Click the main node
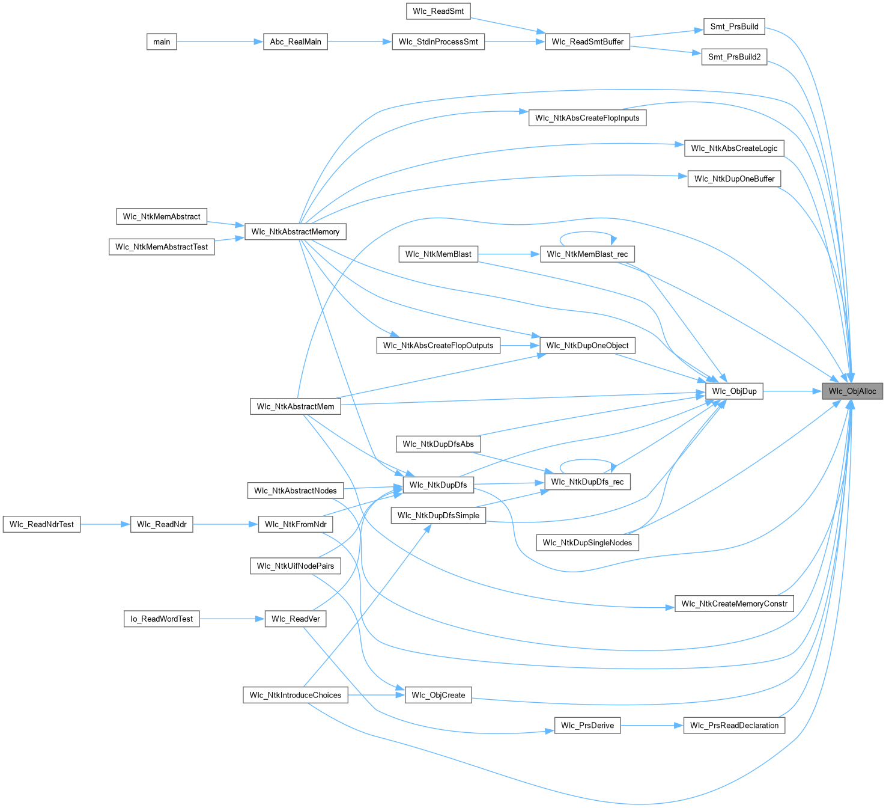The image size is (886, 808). point(162,41)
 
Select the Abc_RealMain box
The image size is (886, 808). point(295,41)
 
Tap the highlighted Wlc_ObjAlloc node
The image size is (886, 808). point(852,391)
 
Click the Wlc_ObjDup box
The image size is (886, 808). point(734,391)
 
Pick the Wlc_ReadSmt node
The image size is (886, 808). point(438,11)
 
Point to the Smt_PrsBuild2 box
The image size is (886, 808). point(734,57)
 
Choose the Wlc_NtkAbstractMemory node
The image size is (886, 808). point(295,231)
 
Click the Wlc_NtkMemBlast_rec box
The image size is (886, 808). point(587,254)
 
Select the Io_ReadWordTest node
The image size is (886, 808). point(162,619)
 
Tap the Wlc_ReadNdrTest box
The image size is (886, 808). point(41,524)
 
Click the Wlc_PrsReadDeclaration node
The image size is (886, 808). point(734,725)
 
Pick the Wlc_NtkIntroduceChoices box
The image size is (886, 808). point(295,695)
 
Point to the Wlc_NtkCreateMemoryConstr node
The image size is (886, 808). point(734,604)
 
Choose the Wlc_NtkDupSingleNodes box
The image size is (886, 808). point(587,542)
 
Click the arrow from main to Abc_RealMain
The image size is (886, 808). point(220,41)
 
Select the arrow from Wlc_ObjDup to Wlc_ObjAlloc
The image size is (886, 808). point(792,391)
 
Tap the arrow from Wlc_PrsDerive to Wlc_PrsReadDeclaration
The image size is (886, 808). point(652,725)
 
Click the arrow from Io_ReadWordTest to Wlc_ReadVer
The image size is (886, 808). point(232,619)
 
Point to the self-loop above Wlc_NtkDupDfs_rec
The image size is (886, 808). point(587,459)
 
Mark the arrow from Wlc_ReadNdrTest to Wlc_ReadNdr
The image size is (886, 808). point(105,524)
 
